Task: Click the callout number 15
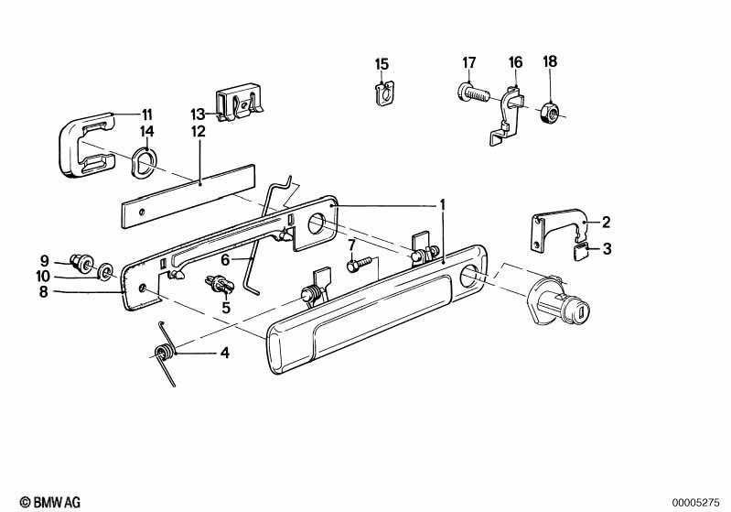(x=382, y=64)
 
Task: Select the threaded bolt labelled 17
(x=470, y=93)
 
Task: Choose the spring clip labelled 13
(x=239, y=103)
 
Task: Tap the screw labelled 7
(x=359, y=265)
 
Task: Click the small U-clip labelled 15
(x=384, y=93)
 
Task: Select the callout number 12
(x=199, y=132)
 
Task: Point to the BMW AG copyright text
(x=50, y=502)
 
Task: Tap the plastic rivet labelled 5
(x=219, y=284)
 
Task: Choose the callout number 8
(x=43, y=292)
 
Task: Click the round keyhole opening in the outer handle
(x=470, y=276)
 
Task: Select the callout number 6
(x=225, y=259)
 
